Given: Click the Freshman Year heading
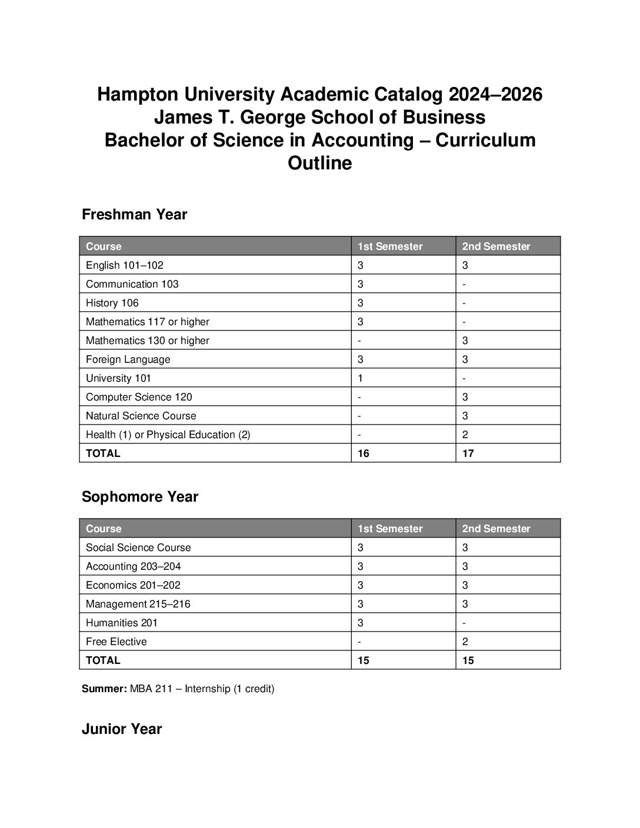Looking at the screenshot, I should pyautogui.click(x=134, y=215).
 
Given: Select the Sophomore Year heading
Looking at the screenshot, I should pyautogui.click(x=140, y=497).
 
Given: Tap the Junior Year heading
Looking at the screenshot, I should pyautogui.click(x=122, y=729).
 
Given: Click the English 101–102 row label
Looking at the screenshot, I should pyautogui.click(x=125, y=265).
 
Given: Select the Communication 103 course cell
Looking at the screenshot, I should pyautogui.click(x=132, y=284).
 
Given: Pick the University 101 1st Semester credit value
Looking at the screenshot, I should pyautogui.click(x=361, y=378).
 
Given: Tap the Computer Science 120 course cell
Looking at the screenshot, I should pyautogui.click(x=139, y=397).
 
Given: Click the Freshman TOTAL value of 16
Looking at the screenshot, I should pyautogui.click(x=364, y=453).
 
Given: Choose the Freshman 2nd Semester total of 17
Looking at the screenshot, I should pyautogui.click(x=468, y=453).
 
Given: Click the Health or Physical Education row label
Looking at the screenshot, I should pyautogui.click(x=168, y=435).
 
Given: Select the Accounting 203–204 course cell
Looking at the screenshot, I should pyautogui.click(x=134, y=566).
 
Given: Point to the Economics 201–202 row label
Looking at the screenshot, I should pyautogui.click(x=133, y=585).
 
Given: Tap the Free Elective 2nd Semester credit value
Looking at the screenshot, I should pyautogui.click(x=465, y=642).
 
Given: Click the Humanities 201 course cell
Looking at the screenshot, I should pyautogui.click(x=122, y=623).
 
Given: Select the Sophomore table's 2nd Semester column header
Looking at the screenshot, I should pyautogui.click(x=496, y=529).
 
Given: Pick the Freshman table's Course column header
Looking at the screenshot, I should pyautogui.click(x=104, y=246).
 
